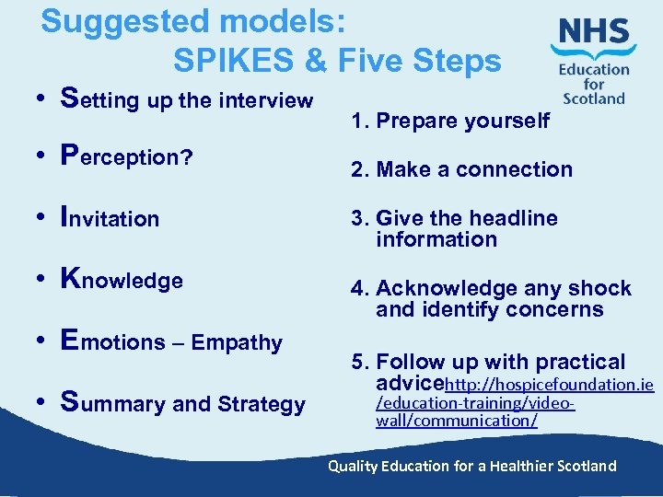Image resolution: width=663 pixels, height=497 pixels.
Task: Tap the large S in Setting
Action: click(x=66, y=98)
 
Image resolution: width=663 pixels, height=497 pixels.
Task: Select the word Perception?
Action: click(x=125, y=156)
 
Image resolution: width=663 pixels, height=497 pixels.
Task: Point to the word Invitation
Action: click(x=109, y=218)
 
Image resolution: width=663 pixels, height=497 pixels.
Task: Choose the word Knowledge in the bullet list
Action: click(x=121, y=280)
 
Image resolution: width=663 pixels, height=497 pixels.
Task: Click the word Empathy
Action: click(x=238, y=342)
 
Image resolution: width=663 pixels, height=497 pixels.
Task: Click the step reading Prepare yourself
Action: click(x=463, y=121)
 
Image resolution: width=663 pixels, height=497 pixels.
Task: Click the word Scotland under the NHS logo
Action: click(x=594, y=98)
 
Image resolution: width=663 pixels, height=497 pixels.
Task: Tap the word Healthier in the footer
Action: click(x=524, y=466)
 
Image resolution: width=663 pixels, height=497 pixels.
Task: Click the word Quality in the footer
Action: click(x=354, y=466)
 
